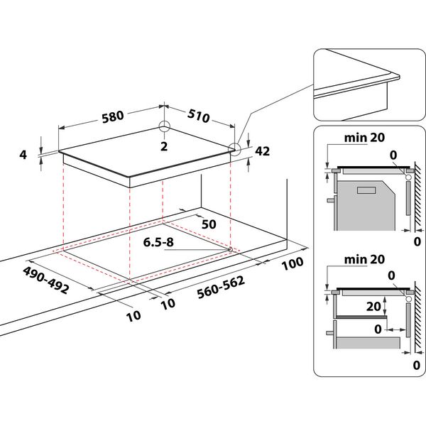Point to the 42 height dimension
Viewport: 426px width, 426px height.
(263, 151)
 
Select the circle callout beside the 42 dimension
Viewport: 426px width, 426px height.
(235, 148)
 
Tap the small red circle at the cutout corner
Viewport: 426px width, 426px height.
(231, 249)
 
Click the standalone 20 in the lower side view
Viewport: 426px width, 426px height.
(364, 306)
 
